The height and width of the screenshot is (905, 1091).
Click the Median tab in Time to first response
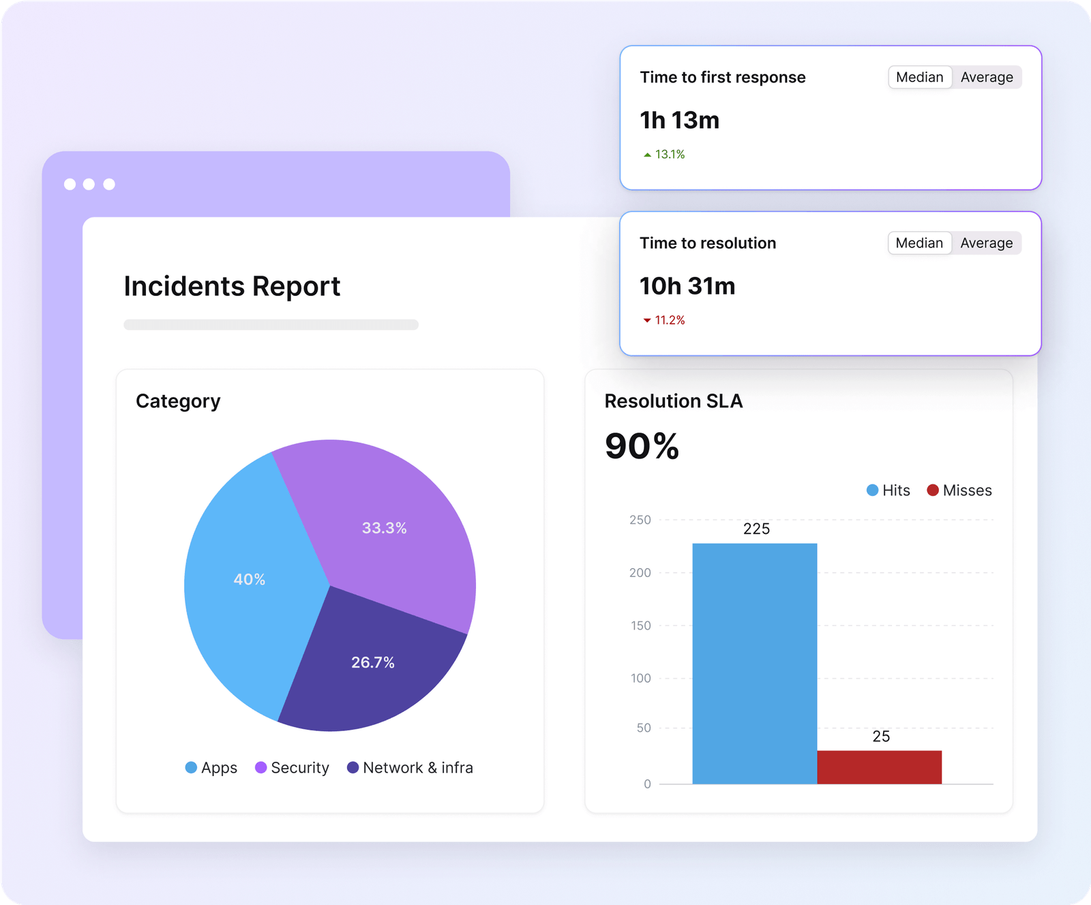pos(919,78)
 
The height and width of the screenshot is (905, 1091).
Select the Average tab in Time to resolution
pos(986,243)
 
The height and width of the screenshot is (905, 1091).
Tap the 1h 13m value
pos(679,121)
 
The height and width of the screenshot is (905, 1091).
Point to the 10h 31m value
pos(687,286)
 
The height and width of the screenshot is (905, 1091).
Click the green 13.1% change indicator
pos(665,155)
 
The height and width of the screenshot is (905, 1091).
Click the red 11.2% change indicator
pos(665,321)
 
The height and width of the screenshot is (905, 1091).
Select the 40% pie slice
pos(249,580)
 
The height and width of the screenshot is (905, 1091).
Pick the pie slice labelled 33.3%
pos(384,528)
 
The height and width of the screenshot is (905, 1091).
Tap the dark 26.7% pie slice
pos(372,662)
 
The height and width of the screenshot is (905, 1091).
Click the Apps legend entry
pos(211,768)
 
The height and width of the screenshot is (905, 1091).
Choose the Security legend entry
pos(293,768)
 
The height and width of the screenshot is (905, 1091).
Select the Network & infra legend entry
pos(410,768)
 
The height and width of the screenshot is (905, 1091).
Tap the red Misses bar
pos(879,767)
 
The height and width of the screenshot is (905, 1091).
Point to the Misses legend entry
pos(959,490)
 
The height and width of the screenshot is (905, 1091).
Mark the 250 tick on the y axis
pos(640,520)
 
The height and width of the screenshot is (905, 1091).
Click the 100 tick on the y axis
pos(640,679)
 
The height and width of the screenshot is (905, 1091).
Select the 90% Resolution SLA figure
pos(642,447)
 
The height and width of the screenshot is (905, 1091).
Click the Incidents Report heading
pos(232,286)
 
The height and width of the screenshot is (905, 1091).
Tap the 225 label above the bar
pos(756,529)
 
